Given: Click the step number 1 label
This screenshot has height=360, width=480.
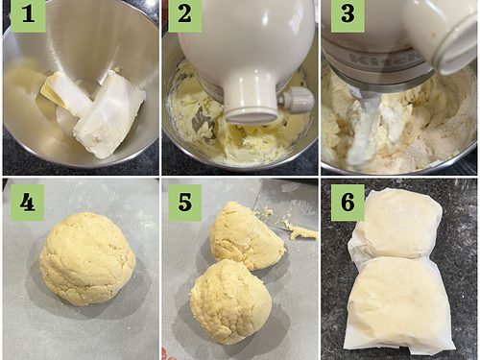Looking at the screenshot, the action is pos(29,15).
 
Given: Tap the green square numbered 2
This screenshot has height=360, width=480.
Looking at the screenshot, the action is pos(185,15).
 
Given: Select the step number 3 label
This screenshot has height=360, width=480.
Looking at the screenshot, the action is pos(348,15).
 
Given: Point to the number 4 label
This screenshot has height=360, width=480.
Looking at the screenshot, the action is pos(28,203).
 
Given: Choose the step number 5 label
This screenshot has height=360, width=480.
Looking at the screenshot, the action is pos(185,203).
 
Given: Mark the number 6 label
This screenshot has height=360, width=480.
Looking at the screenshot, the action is pos(348,203).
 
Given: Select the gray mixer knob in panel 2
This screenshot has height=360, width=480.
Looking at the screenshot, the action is pos(296,99).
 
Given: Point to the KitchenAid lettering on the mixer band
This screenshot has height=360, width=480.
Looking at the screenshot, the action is pos(384,60).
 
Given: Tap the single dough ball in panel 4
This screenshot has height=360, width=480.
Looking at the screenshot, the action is pos(87,259).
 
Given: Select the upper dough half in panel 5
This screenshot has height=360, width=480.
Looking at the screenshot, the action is pos(247,236).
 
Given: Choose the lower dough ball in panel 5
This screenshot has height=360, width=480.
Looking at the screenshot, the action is pos(231,301).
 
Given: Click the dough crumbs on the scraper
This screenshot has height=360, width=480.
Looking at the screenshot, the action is pos(300,231).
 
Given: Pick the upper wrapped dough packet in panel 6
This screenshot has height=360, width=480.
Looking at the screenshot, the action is pos(399,224).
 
